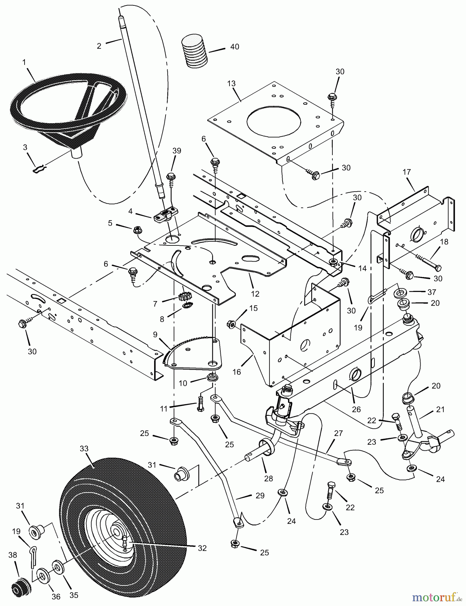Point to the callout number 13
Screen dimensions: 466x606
click(x=231, y=83)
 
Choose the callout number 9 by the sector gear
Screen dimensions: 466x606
click(x=155, y=335)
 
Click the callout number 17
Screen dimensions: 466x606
click(x=406, y=172)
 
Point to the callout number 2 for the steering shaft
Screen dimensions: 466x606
click(x=99, y=46)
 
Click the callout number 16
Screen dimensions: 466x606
click(x=237, y=371)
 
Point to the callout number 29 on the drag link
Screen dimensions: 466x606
click(x=260, y=495)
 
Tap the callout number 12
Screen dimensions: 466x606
click(x=255, y=294)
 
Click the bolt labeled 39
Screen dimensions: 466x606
click(x=171, y=181)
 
